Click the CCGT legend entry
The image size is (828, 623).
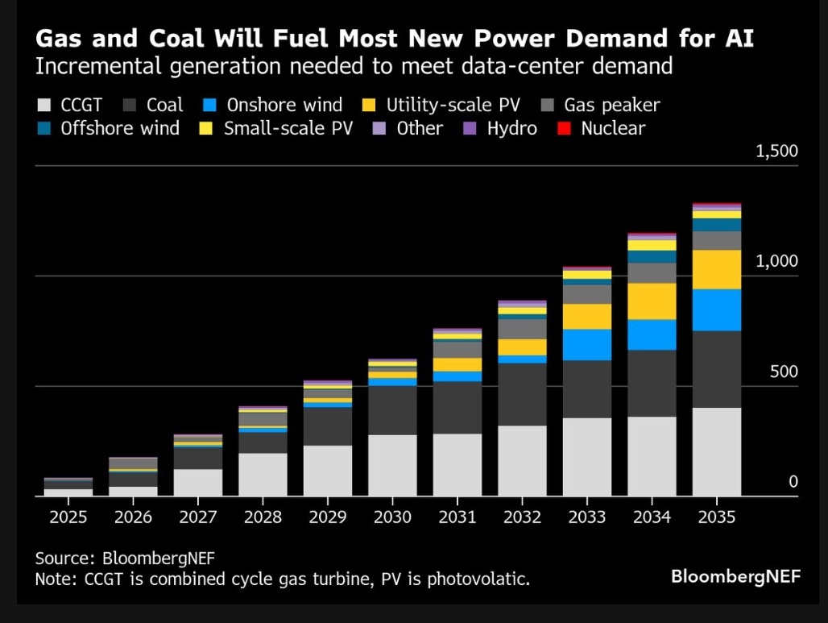point(68,105)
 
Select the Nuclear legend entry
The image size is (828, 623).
point(603,128)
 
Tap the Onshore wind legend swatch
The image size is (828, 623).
point(209,106)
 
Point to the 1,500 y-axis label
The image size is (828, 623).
point(776,152)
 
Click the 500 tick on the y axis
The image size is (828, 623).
point(780,372)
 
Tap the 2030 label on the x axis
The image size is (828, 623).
point(392,517)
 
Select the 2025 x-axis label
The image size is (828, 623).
point(68,517)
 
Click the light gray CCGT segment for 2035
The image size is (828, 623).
point(716,451)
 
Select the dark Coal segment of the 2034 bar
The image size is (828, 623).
point(652,383)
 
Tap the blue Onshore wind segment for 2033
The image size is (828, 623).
point(586,344)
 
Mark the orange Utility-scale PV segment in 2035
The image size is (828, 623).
point(716,269)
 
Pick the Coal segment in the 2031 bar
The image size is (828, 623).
point(457,408)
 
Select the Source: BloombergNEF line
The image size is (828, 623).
point(124,558)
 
